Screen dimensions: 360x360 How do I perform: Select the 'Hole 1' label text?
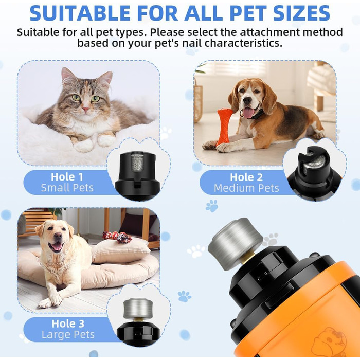(x=67, y=177)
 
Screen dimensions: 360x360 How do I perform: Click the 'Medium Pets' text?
(x=246, y=188)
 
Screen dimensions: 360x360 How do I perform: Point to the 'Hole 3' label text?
(x=68, y=323)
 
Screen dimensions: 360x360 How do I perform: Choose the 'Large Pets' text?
(x=68, y=335)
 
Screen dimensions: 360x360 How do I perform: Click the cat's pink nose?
(x=86, y=109)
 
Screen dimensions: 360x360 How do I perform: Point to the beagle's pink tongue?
(x=248, y=113)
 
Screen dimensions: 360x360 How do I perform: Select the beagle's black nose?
(x=247, y=100)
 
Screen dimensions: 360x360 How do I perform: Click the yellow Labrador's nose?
(x=58, y=236)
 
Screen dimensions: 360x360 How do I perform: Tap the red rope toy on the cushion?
(x=117, y=237)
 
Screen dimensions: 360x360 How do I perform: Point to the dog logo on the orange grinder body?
(x=330, y=342)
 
